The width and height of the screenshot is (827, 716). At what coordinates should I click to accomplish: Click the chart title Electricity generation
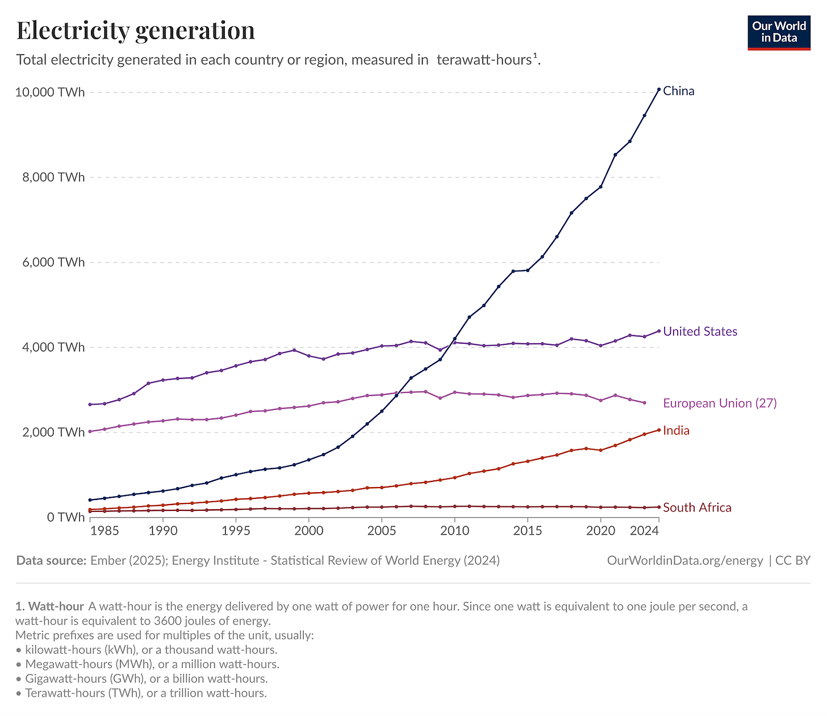click(136, 31)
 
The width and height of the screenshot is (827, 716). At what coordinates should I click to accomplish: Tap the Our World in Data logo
click(779, 32)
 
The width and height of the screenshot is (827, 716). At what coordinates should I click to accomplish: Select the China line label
click(679, 91)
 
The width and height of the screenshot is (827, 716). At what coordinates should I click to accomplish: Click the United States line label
click(700, 331)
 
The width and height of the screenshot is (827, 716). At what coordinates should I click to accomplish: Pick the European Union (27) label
click(720, 403)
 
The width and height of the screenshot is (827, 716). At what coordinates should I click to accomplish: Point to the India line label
click(676, 431)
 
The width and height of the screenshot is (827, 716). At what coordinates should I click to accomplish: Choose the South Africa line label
click(697, 507)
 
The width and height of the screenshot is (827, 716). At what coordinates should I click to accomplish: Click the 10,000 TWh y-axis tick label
click(51, 92)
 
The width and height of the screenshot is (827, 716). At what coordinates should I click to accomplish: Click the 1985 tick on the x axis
click(105, 531)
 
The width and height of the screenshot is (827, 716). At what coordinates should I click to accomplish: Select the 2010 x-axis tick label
click(454, 531)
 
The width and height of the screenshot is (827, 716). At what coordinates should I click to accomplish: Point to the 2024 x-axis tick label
click(644, 531)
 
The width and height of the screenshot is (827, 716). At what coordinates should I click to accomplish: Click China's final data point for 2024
click(658, 89)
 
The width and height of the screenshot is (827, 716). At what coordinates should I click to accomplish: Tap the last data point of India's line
click(658, 430)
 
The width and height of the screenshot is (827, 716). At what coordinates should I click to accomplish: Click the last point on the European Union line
click(644, 403)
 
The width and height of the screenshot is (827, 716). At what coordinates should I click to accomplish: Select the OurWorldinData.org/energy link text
click(685, 561)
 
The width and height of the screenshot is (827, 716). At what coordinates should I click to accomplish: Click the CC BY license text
click(793, 561)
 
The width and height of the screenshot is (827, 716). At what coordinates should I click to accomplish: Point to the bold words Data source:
click(51, 561)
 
